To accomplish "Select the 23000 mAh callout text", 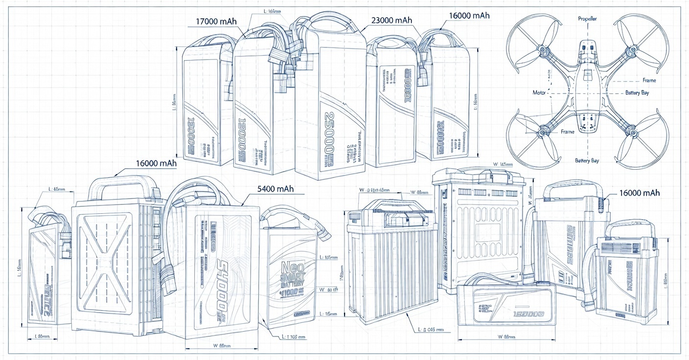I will click(392, 21).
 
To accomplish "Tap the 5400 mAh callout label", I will click(275, 189).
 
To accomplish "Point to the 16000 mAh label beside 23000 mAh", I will click(469, 16).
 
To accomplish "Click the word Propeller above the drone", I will click(587, 19).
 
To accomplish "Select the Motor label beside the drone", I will click(539, 92).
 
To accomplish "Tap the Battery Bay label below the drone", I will click(587, 160).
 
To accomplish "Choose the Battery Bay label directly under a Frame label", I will click(637, 92).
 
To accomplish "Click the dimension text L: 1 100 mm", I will click(294, 337).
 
